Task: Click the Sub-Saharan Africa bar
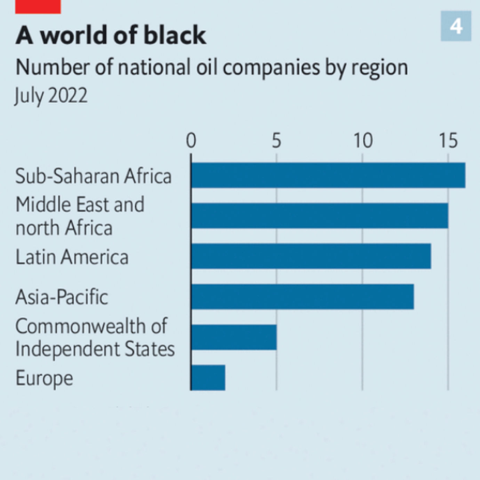pos(328,175)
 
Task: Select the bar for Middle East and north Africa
pos(319,216)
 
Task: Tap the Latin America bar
pos(311,256)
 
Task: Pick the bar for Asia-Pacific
pos(302,297)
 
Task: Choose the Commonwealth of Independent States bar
pos(234,337)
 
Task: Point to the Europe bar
pos(208,378)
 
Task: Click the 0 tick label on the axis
pos(191,141)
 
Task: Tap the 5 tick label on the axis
pos(277,141)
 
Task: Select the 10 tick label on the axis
pos(363,141)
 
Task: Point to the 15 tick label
pos(448,141)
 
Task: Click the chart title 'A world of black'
pos(111,35)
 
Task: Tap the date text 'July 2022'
pos(51,95)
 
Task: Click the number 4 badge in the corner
pos(456,26)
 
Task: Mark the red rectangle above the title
pos(38,7)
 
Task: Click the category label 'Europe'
pos(45,378)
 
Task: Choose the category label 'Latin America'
pos(72,257)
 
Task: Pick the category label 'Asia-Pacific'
pos(62,297)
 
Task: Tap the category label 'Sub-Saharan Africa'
pos(94,176)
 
